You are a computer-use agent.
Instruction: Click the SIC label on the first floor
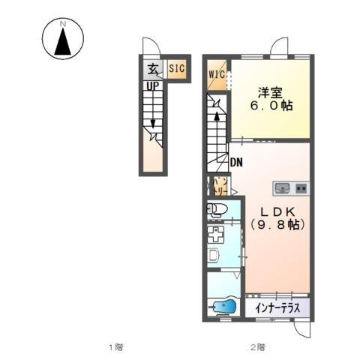(177, 69)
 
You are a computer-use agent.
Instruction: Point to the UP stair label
(152, 86)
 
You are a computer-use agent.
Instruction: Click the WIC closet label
(217, 74)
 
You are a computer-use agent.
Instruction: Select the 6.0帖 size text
(271, 106)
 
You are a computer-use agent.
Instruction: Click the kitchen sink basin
(283, 187)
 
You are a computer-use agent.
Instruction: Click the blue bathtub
(222, 307)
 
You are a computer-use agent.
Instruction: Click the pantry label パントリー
(219, 186)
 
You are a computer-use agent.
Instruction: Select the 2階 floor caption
(257, 347)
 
